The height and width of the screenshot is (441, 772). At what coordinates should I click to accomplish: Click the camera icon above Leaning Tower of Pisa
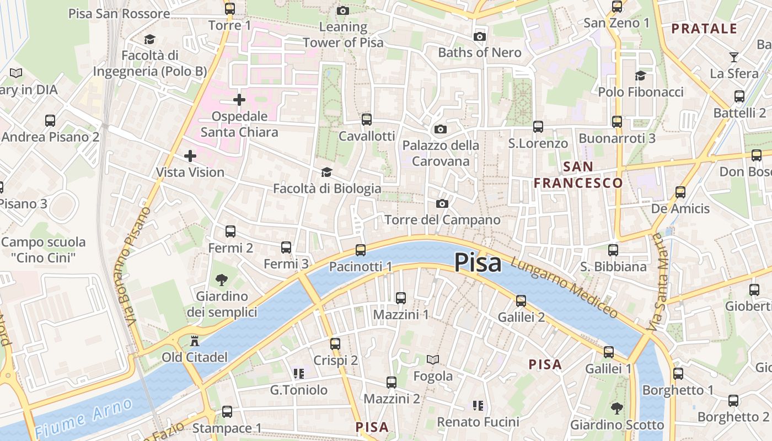pyautogui.click(x=342, y=10)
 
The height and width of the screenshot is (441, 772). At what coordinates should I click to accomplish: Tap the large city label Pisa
pyautogui.click(x=478, y=263)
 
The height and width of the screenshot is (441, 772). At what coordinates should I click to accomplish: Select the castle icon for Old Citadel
pyautogui.click(x=194, y=341)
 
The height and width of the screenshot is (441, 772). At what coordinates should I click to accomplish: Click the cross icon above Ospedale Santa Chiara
pyautogui.click(x=239, y=100)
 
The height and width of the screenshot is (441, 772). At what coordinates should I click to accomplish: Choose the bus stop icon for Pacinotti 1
pyautogui.click(x=360, y=250)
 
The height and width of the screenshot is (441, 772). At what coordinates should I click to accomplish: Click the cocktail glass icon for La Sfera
pyautogui.click(x=733, y=57)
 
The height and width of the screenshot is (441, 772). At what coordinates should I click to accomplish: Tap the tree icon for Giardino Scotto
pyautogui.click(x=616, y=408)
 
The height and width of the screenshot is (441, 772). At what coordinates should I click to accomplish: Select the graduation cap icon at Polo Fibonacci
pyautogui.click(x=640, y=76)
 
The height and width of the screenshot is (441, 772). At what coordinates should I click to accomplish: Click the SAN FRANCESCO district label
pyautogui.click(x=578, y=175)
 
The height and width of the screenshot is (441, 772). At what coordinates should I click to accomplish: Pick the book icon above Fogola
pyautogui.click(x=433, y=360)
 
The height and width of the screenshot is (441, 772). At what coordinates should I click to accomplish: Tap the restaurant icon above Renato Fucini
pyautogui.click(x=478, y=406)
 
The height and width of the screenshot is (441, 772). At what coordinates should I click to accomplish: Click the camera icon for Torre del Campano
pyautogui.click(x=442, y=204)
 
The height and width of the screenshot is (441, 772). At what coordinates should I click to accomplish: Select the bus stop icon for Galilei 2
pyautogui.click(x=521, y=301)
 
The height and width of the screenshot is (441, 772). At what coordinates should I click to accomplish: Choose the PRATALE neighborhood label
pyautogui.click(x=704, y=29)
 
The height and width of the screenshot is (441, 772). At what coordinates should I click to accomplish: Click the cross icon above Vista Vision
pyautogui.click(x=190, y=156)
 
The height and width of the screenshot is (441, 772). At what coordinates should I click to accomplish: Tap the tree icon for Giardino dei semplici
pyautogui.click(x=222, y=279)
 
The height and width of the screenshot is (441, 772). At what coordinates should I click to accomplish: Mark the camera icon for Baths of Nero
pyautogui.click(x=479, y=36)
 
